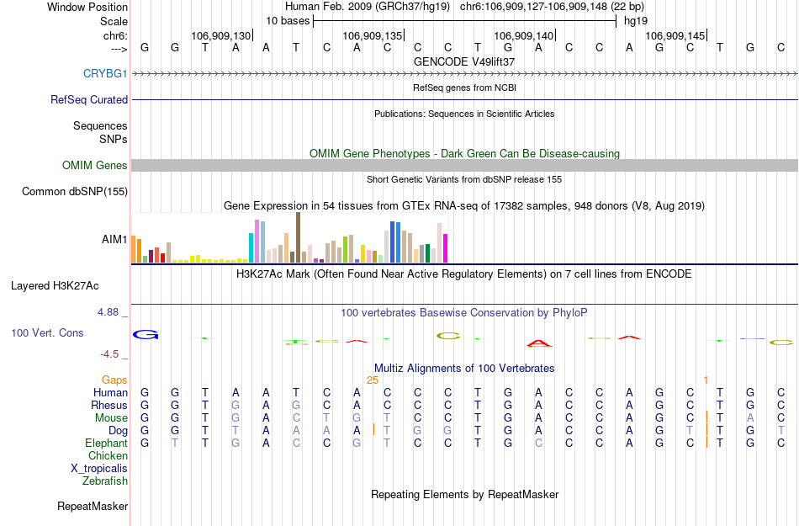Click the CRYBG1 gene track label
(105, 73)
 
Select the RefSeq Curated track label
(89, 99)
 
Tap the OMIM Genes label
(95, 165)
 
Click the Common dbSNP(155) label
(74, 192)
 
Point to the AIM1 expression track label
(114, 240)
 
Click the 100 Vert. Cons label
(47, 333)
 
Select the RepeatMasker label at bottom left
(93, 506)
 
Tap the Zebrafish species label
(105, 481)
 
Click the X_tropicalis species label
(99, 468)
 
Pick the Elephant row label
(106, 443)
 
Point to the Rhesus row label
(108, 405)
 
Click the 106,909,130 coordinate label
(221, 35)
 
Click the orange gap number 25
(373, 380)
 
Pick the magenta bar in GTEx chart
(446, 247)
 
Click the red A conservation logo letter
(538, 343)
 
